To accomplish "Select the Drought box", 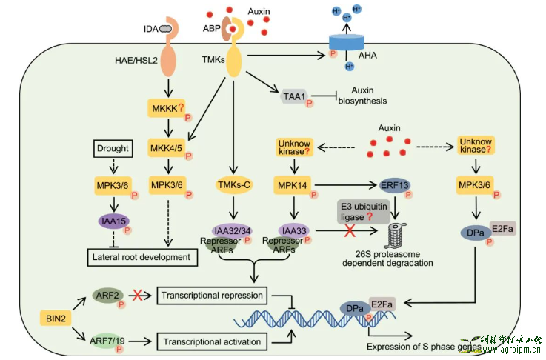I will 113,150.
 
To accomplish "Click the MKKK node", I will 167,110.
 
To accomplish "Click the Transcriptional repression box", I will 211,296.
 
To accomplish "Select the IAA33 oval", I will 294,231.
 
